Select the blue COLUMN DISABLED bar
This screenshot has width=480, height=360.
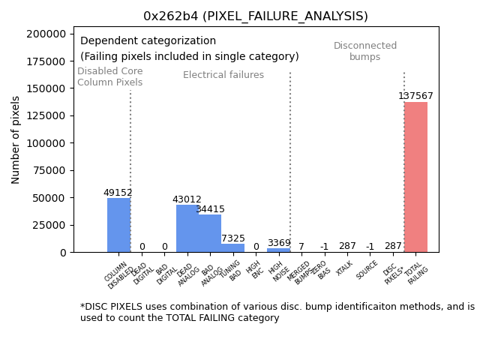click(x=118, y=225)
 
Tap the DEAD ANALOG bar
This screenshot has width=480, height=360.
click(x=187, y=229)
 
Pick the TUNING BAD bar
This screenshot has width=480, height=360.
click(x=232, y=248)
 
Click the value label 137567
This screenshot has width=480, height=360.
click(x=415, y=96)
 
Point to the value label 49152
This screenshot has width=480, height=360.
click(x=118, y=193)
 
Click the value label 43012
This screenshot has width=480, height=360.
click(x=187, y=199)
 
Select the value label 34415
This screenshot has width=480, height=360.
click(x=210, y=209)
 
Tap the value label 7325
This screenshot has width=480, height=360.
click(x=232, y=238)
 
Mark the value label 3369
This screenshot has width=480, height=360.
click(x=278, y=243)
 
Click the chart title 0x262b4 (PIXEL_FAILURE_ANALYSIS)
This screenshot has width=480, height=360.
click(x=256, y=16)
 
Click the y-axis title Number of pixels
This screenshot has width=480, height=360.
click(x=16, y=139)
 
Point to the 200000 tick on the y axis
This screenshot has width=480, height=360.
click(x=47, y=34)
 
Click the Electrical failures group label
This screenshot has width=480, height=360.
click(x=223, y=75)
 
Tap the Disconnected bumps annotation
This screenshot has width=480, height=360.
click(x=365, y=51)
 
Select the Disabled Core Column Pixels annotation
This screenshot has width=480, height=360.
click(x=109, y=76)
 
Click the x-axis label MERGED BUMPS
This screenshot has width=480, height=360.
click(x=298, y=273)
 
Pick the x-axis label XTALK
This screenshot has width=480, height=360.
click(x=346, y=268)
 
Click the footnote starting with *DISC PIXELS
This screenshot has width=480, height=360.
click(x=277, y=312)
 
